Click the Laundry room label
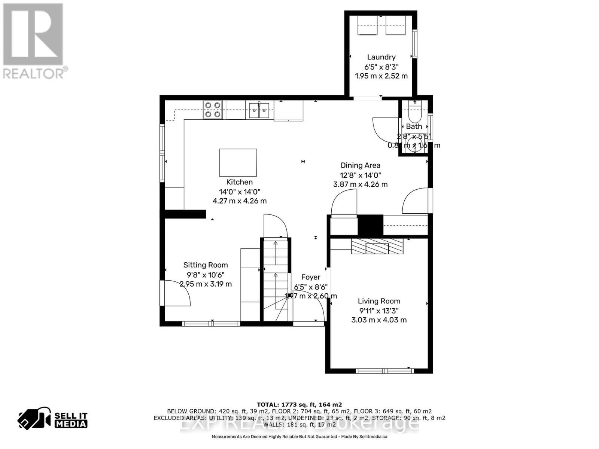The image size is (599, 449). pyautogui.click(x=381, y=57)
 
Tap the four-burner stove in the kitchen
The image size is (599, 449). pyautogui.click(x=213, y=110)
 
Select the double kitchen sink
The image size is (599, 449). pyautogui.click(x=259, y=110)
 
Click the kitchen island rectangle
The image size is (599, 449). pyautogui.click(x=238, y=162)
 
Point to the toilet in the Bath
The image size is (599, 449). pyautogui.click(x=414, y=111)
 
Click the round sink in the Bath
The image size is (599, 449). pyautogui.click(x=414, y=146)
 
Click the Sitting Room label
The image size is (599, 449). pyautogui.click(x=205, y=265)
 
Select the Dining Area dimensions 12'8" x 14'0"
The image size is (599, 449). pyautogui.click(x=360, y=175)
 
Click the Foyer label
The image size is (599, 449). pyautogui.click(x=311, y=277)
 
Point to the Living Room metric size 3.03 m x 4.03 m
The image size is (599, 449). pyautogui.click(x=379, y=320)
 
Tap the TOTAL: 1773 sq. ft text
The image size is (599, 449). pyautogui.click(x=299, y=404)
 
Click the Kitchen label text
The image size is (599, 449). pyautogui.click(x=240, y=182)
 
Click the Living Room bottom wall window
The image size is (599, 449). pyautogui.click(x=384, y=371)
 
